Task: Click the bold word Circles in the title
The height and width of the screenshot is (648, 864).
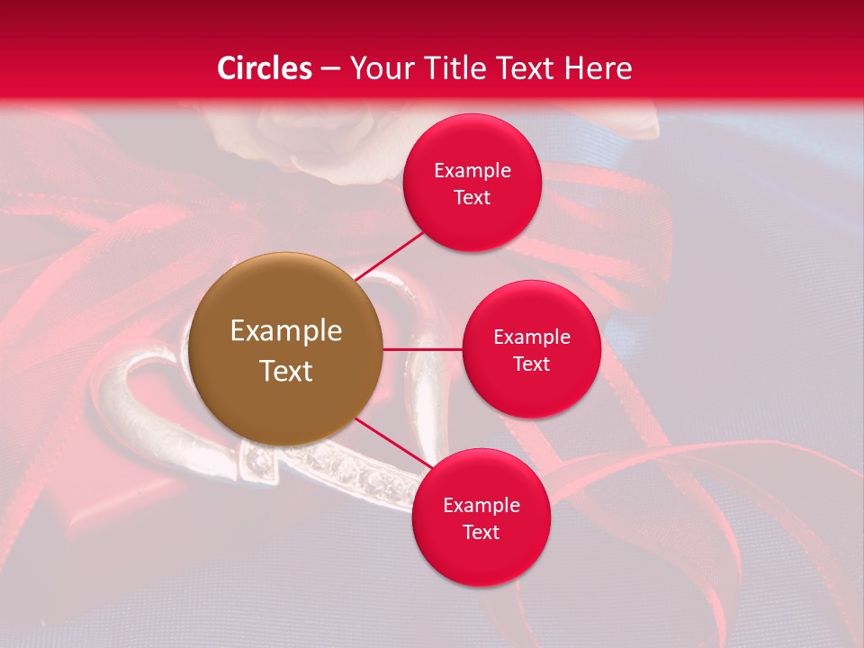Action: click(x=265, y=68)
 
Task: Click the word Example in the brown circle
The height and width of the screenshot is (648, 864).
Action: click(x=286, y=331)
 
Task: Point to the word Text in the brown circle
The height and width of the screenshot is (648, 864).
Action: click(x=286, y=371)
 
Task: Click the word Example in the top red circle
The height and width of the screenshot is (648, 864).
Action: click(x=472, y=171)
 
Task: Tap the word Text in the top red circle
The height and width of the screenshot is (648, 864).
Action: click(x=472, y=198)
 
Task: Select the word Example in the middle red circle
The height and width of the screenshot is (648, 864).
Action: click(x=531, y=337)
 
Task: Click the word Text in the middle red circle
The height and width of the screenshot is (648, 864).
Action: click(x=531, y=364)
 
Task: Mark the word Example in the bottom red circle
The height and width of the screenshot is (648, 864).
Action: click(x=481, y=506)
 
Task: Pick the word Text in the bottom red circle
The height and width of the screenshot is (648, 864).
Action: click(x=481, y=533)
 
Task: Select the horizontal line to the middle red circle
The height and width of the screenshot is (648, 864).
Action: click(x=422, y=348)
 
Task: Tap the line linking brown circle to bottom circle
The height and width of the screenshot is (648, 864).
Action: click(x=387, y=441)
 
